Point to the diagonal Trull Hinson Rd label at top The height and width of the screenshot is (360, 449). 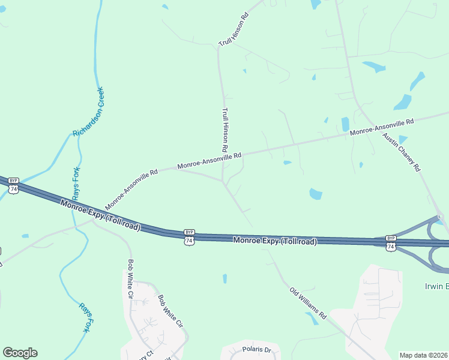pos(234,31)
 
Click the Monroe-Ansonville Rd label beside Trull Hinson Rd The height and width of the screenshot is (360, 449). pos(209,160)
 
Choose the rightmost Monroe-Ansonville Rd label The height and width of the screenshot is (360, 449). pos(382,127)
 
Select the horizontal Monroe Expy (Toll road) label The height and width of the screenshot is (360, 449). pos(274,241)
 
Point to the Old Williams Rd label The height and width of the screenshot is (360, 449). pos(307,304)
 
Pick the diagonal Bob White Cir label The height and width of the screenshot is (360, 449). pos(169,310)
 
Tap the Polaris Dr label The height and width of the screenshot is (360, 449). pos(257,349)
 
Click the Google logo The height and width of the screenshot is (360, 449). pos(20,353)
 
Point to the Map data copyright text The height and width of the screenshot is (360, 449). pos(423,355)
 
